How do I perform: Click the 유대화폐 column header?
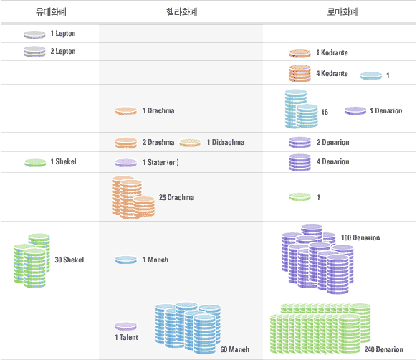point(51,12)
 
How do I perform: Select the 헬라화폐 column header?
point(182,12)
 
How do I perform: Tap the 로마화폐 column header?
point(342,12)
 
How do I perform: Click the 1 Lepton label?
point(63,33)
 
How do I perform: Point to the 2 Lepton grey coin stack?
point(34,52)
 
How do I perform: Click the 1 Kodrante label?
point(332,52)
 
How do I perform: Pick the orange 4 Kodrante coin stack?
point(300,73)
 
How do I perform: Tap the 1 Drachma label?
point(158,110)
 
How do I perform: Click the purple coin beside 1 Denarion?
point(355,110)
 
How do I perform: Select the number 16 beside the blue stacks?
point(325,112)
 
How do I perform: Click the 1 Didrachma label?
point(226,142)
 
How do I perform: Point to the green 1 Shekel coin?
point(35,163)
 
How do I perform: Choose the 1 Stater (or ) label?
point(160,162)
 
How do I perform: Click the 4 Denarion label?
point(333,161)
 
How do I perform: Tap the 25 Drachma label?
point(176,197)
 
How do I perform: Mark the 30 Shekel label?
point(69,260)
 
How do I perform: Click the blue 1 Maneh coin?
point(126,260)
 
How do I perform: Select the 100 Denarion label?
point(360,237)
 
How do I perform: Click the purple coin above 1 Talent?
point(126,326)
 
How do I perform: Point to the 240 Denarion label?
point(383,349)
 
